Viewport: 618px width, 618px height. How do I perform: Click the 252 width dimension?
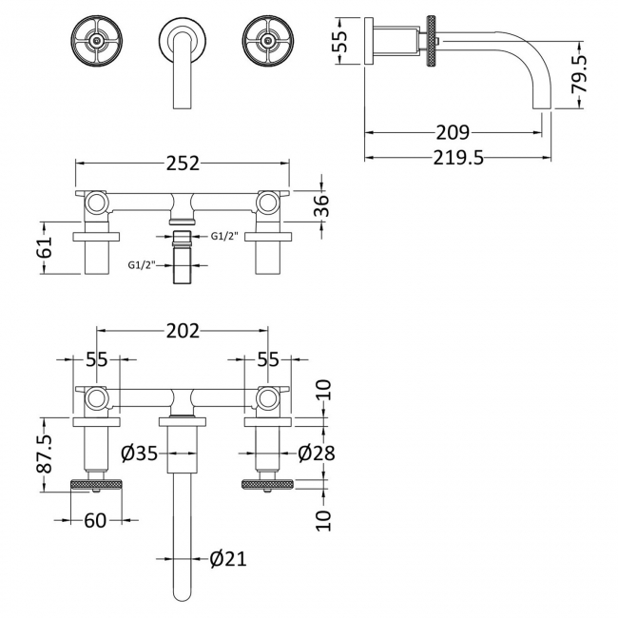(x=182, y=163)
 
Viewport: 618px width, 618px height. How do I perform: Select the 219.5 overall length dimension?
(x=452, y=158)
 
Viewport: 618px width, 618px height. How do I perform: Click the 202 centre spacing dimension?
(x=182, y=331)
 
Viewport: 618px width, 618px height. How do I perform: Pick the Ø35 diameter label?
(x=139, y=454)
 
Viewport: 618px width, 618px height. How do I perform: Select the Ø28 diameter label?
(x=315, y=454)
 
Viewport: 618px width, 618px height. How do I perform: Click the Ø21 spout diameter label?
(x=227, y=559)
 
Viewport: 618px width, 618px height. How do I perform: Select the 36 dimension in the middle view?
(x=322, y=206)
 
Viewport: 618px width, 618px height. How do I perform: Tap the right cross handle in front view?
(x=267, y=39)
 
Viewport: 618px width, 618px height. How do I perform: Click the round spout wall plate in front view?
(x=182, y=39)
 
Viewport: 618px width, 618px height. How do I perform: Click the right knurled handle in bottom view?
(x=266, y=486)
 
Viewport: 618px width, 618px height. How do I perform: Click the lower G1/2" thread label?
(x=143, y=265)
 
